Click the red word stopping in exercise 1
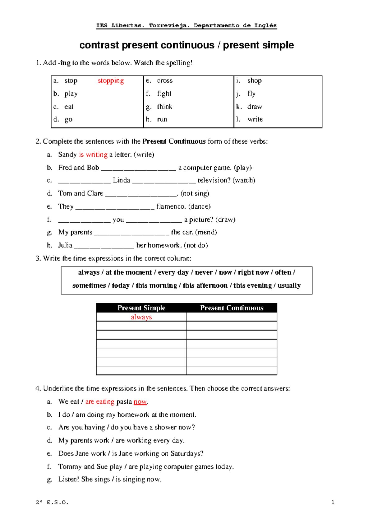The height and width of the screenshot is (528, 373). (111, 81)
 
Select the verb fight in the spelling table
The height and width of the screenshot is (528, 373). (164, 94)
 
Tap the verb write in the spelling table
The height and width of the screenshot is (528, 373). (255, 119)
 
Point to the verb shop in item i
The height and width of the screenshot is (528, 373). (254, 81)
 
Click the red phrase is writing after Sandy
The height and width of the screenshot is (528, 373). (93, 155)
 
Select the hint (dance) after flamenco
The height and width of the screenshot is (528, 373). (199, 206)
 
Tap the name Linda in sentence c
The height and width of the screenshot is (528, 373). (122, 180)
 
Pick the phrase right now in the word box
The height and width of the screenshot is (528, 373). (253, 272)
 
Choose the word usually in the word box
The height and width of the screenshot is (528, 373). (289, 285)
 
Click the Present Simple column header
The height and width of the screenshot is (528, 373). (141, 308)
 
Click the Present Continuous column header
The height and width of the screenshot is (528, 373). (232, 308)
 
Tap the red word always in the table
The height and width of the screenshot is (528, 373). (141, 317)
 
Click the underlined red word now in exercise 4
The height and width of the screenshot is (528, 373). (140, 402)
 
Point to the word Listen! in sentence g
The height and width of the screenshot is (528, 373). (69, 479)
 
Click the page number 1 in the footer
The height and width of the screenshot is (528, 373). (333, 502)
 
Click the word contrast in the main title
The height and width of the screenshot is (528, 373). (99, 45)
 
